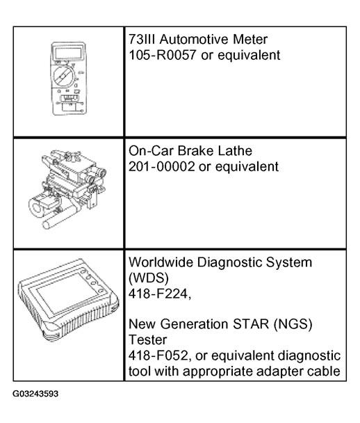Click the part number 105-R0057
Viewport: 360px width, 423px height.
(163, 55)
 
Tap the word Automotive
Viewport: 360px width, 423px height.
(195, 40)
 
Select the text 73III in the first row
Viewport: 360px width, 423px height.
(142, 40)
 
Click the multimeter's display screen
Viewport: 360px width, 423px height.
(68, 53)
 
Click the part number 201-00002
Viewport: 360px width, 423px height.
(161, 167)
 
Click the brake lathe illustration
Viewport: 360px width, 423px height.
(68, 189)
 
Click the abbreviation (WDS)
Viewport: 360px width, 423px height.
(149, 278)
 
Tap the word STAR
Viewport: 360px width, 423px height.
(251, 324)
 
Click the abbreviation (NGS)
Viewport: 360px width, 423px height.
(293, 324)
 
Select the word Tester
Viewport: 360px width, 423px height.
(147, 340)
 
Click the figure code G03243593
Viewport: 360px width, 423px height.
(35, 394)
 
